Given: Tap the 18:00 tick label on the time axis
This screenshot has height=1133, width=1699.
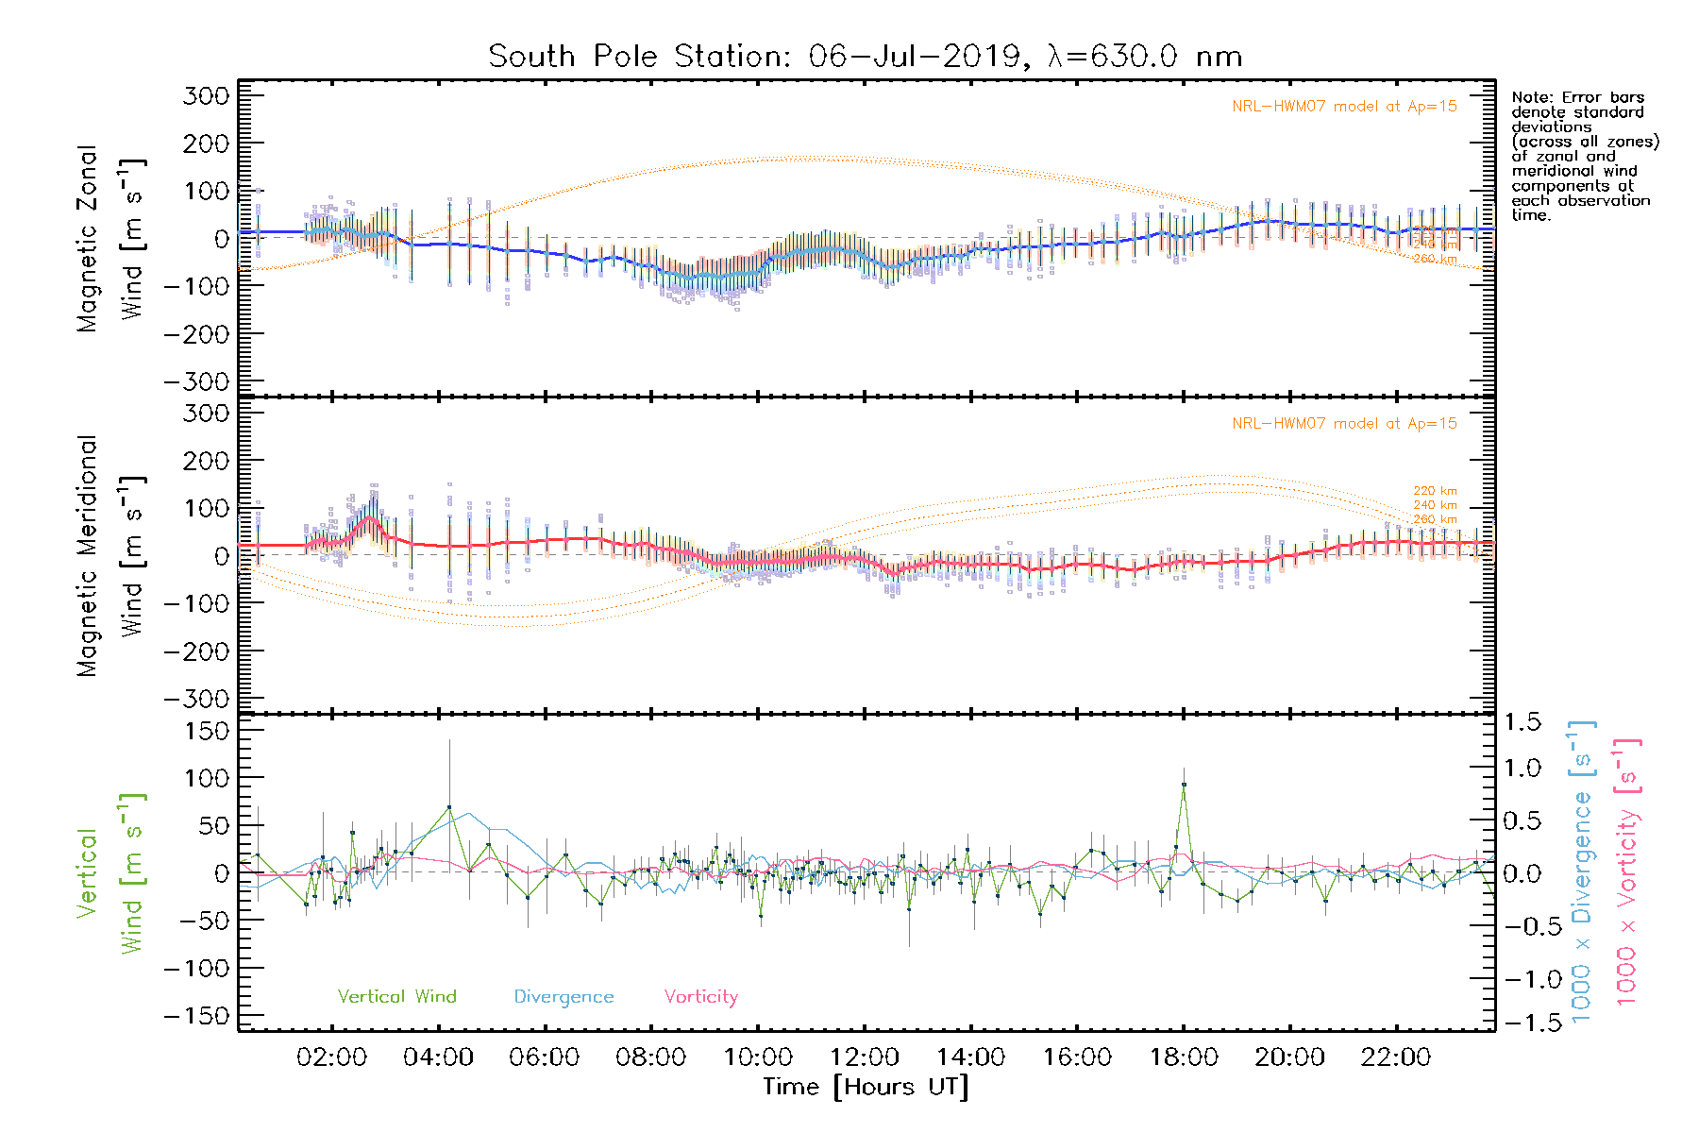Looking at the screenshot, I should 1184,1057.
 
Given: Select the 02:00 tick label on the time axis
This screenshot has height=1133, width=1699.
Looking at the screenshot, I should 331,1057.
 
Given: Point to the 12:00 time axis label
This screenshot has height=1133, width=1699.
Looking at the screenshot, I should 864,1057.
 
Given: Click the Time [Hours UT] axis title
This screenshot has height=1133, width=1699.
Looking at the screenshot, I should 866,1087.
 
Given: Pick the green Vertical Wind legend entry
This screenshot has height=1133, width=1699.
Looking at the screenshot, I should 396,996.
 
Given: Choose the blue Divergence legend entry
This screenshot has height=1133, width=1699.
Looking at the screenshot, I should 564,996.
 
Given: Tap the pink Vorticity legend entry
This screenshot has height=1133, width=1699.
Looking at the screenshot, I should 700,996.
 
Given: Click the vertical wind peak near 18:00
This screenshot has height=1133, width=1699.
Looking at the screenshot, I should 1184,785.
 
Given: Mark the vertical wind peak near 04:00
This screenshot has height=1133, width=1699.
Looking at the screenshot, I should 449,807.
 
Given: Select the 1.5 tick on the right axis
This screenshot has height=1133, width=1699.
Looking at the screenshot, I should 1522,722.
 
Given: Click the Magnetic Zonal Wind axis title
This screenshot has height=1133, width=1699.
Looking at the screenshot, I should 109,239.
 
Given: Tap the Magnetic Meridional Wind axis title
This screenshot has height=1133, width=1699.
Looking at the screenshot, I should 109,555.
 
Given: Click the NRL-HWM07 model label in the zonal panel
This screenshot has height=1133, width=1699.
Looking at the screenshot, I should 1344,107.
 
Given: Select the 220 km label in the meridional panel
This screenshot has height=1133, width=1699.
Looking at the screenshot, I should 1435,491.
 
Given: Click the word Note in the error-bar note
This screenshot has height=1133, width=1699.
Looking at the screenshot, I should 1529,97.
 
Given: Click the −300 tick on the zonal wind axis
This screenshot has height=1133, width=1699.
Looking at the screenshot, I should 196,381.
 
